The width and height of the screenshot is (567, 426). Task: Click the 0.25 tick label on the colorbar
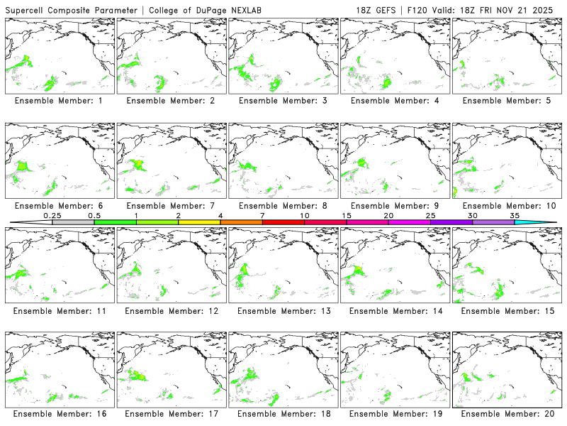pos(52,215)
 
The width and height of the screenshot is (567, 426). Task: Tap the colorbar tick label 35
pos(515,215)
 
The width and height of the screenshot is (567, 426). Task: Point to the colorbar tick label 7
pos(263,215)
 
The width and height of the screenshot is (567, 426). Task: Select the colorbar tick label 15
pos(347,215)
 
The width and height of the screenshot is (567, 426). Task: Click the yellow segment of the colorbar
pos(199,222)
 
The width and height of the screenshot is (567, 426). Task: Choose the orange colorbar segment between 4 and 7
pos(241,222)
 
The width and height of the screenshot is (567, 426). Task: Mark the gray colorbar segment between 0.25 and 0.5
pos(73,222)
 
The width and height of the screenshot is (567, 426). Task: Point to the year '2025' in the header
pos(549,11)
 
